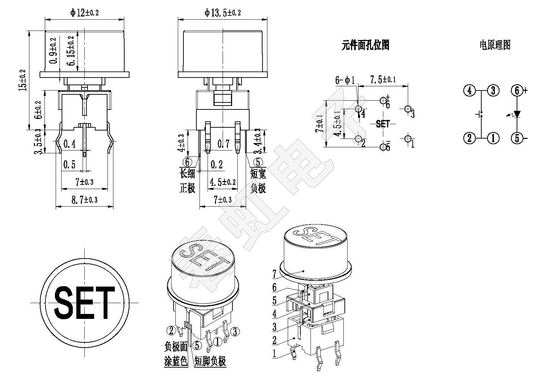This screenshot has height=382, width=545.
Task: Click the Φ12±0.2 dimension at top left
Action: pos(84,13)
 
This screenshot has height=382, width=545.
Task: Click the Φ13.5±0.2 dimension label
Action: pos(223,13)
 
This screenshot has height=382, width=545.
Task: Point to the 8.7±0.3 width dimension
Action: pos(84,200)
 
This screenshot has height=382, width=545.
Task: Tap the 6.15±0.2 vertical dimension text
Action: pos(71,51)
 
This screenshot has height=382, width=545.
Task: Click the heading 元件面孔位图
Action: pos(365,45)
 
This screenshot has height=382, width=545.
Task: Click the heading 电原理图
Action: pos(495,45)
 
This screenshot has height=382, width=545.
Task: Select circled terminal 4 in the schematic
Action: pos(469,91)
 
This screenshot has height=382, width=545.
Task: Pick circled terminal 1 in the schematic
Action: pos(493,138)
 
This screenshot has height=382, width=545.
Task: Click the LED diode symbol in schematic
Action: pos(516,114)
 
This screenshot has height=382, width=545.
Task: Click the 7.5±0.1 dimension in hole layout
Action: pos(383,80)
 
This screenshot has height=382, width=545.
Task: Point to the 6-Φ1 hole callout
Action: pos(345,80)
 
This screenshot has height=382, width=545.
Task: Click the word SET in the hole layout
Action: pos(383,124)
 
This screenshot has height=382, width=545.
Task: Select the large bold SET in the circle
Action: pos(84,303)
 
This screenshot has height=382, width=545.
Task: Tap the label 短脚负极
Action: pos(210,361)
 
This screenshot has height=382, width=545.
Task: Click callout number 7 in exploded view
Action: pos(274,274)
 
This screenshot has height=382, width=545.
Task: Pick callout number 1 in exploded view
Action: pos(274,354)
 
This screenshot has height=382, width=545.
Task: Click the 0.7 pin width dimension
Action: pos(223,143)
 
